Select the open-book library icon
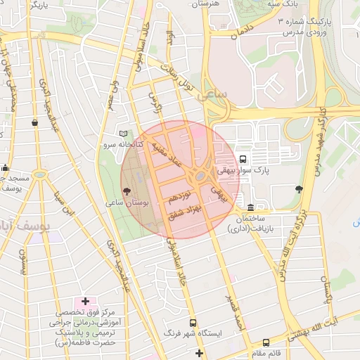coord(124,134)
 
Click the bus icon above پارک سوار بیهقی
coord(243,159)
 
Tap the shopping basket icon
coord(34,122)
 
